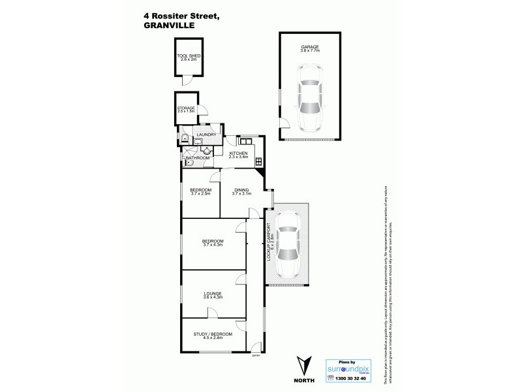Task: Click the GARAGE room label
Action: point(309,47)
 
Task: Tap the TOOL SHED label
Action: point(188,56)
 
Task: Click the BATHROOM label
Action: point(198,158)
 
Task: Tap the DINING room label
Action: point(241,189)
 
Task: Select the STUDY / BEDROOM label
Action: point(213,335)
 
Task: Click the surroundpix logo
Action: point(352,368)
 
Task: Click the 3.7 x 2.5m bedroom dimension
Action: point(201,193)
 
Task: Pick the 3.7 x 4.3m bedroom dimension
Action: point(213,245)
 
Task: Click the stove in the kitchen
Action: point(259,161)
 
